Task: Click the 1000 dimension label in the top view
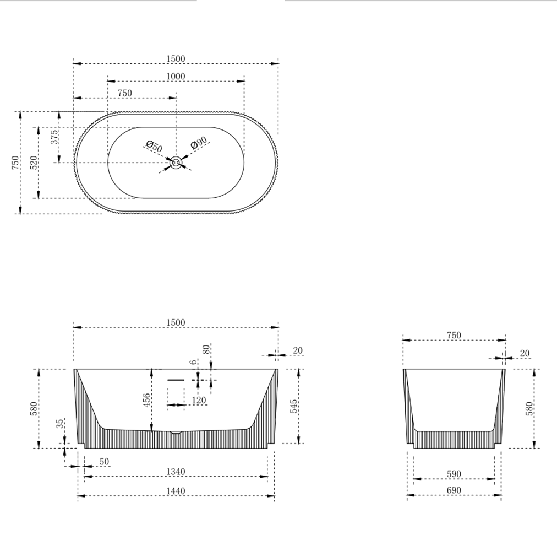point(176,77)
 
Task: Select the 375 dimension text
point(55,137)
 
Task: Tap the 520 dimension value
point(34,163)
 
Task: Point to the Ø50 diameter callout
point(155,147)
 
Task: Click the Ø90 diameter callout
point(198,143)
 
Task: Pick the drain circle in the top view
point(176,163)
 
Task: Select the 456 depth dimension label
point(146,401)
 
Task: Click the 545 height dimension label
point(294,407)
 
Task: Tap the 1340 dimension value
point(176,472)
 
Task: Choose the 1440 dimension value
point(176,491)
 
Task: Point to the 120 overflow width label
point(199,401)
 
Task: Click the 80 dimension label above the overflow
point(206,349)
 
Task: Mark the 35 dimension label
point(60,424)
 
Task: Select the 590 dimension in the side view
point(454,474)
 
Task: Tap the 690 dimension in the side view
point(454,490)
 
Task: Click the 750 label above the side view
point(454,335)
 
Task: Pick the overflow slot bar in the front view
point(176,380)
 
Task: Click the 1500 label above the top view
point(176,59)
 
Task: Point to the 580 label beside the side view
point(529,408)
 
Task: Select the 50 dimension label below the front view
point(104,461)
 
